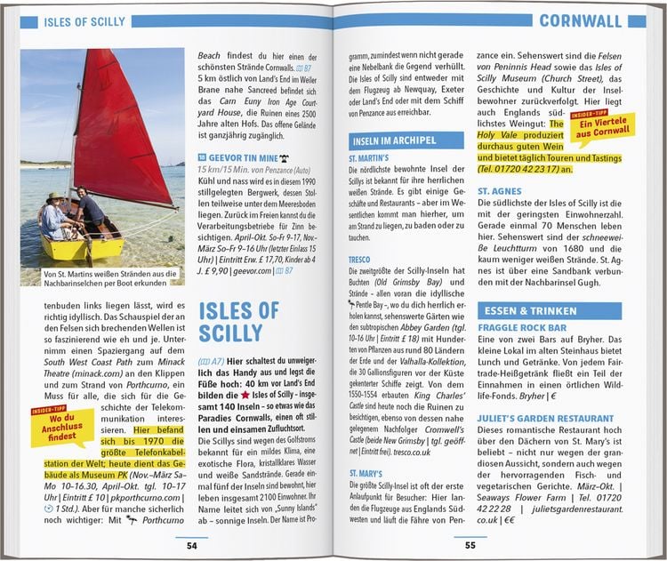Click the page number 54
(x=191, y=545)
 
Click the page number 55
(x=471, y=545)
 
